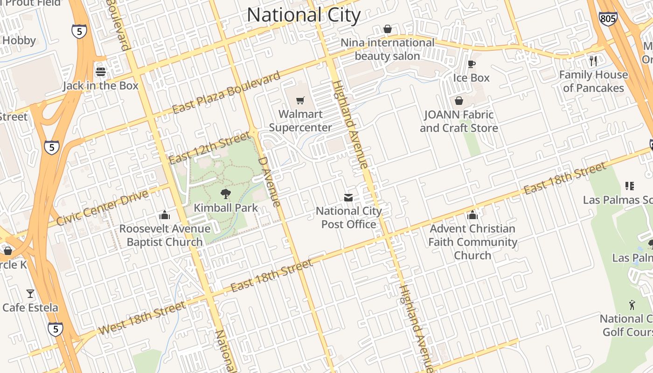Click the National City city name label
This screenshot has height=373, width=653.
pos(304,15)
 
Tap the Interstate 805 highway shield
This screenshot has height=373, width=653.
pos(608,18)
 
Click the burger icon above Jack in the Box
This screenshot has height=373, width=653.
pos(101,72)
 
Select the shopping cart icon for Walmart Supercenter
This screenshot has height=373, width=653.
pos(300,100)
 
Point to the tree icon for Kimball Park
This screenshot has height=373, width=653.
pos(226,194)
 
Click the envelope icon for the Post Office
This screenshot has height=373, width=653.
pos(348,197)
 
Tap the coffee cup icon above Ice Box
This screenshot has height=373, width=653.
pos(472,64)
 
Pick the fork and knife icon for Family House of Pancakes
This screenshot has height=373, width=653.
pos(593,61)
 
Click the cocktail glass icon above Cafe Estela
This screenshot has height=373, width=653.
pos(30,294)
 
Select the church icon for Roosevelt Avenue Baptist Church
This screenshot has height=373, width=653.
pos(165,215)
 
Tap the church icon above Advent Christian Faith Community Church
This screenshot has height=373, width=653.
pos(472,215)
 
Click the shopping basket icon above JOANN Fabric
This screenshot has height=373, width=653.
pos(459,101)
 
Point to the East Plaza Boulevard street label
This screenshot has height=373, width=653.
pos(226,92)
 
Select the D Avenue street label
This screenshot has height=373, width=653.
pos(270,182)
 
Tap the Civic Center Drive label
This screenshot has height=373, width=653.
pos(102,207)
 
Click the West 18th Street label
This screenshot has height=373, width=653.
pos(141,317)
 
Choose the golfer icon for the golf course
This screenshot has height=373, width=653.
pos(632,305)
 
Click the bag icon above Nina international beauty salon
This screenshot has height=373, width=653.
pos(387,29)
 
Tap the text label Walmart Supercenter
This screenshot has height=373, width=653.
pos(300,121)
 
